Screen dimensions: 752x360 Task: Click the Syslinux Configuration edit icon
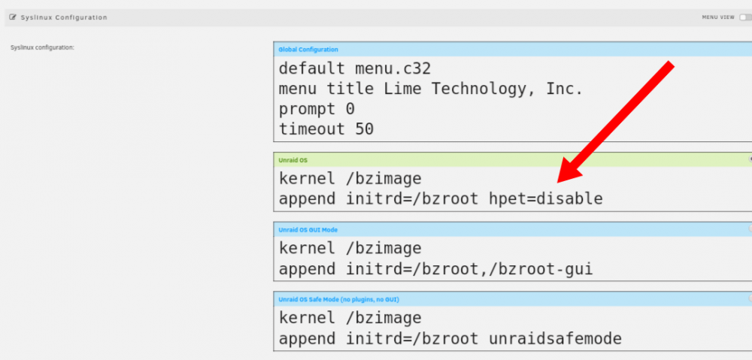[13, 17]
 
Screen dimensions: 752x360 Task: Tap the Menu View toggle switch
[746, 17]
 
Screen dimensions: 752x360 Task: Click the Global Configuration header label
[308, 50]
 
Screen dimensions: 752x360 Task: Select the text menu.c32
[393, 68]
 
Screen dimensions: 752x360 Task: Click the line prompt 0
[317, 110]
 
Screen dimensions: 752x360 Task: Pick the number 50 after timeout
[365, 129]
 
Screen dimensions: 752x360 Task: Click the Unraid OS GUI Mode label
[308, 230]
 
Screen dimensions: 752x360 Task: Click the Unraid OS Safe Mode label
[338, 300]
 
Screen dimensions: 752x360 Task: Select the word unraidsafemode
[556, 339]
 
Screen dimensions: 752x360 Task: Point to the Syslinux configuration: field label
[42, 47]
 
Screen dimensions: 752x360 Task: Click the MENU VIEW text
[718, 17]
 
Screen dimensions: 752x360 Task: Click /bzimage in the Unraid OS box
[384, 180]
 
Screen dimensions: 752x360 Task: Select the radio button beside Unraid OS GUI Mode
[750, 228]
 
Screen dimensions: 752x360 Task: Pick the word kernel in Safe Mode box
[307, 318]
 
